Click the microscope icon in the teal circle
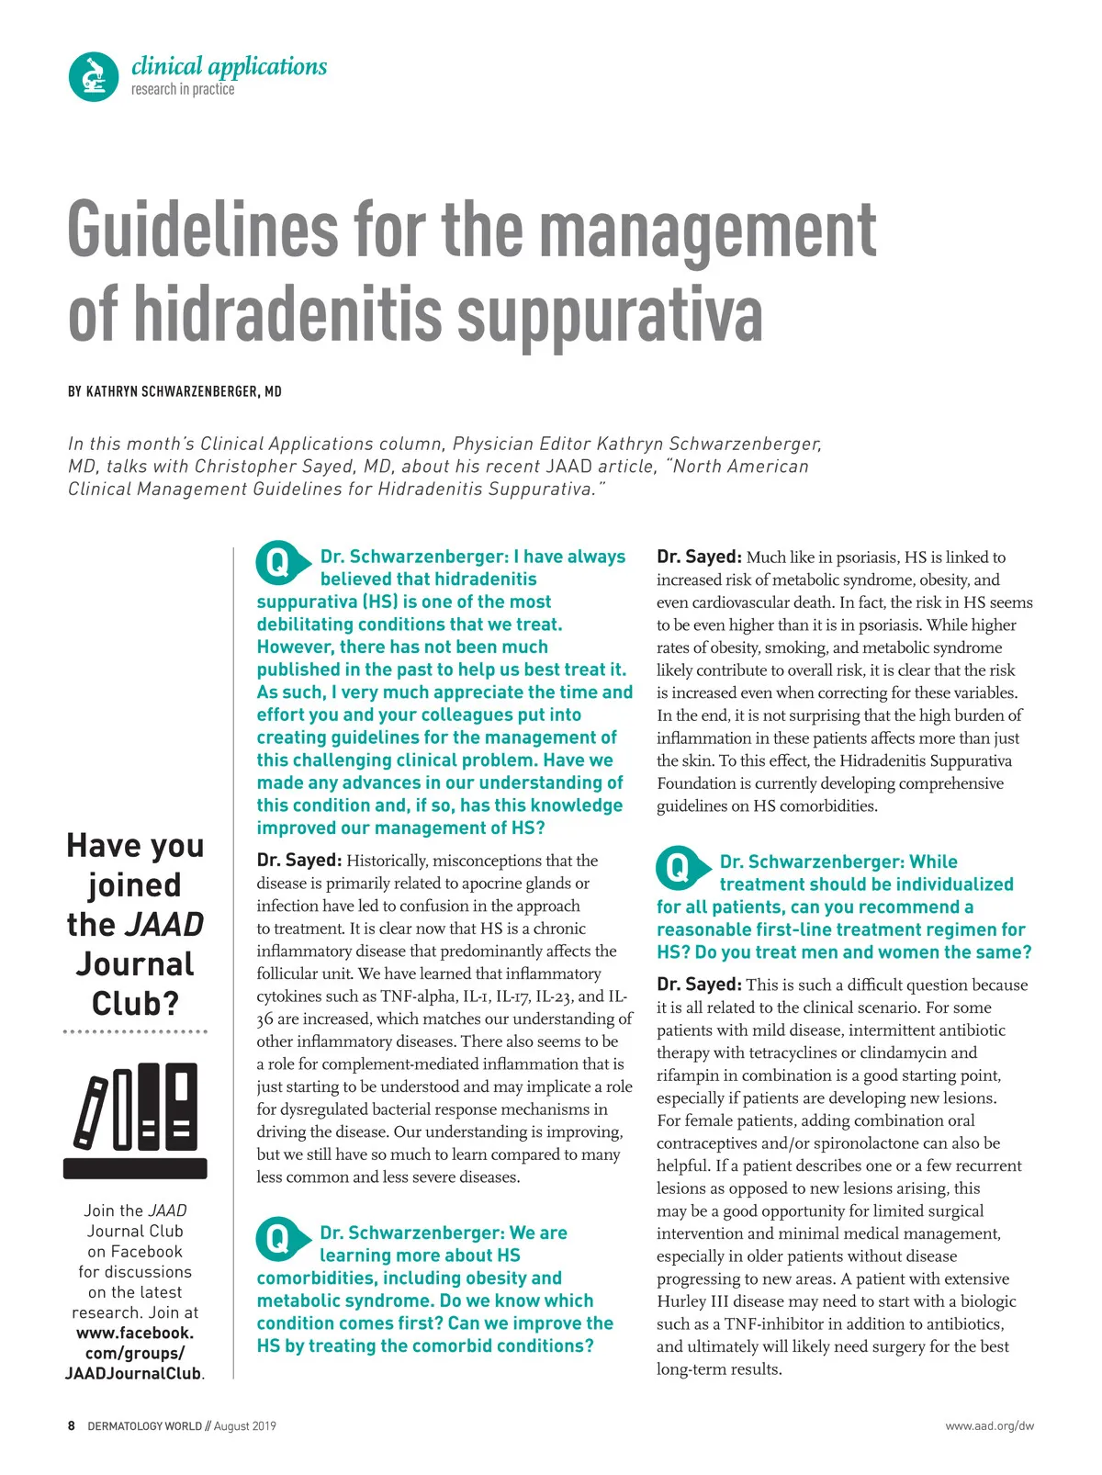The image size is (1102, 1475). tap(94, 76)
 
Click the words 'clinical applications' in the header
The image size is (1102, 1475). tap(229, 66)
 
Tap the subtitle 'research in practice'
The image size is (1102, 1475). tap(183, 89)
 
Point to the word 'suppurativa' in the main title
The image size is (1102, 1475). tap(610, 313)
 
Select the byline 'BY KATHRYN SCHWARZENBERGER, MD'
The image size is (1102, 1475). tap(174, 391)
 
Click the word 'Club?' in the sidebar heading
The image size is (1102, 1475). tap(135, 1003)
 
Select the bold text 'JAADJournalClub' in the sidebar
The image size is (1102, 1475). tap(133, 1374)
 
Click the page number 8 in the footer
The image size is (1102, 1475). tap(72, 1426)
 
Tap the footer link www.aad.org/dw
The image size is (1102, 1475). tap(989, 1426)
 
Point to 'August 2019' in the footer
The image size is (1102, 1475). tap(244, 1426)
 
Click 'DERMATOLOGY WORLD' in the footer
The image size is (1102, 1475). tap(144, 1426)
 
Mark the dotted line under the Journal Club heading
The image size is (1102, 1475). tap(135, 1032)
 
